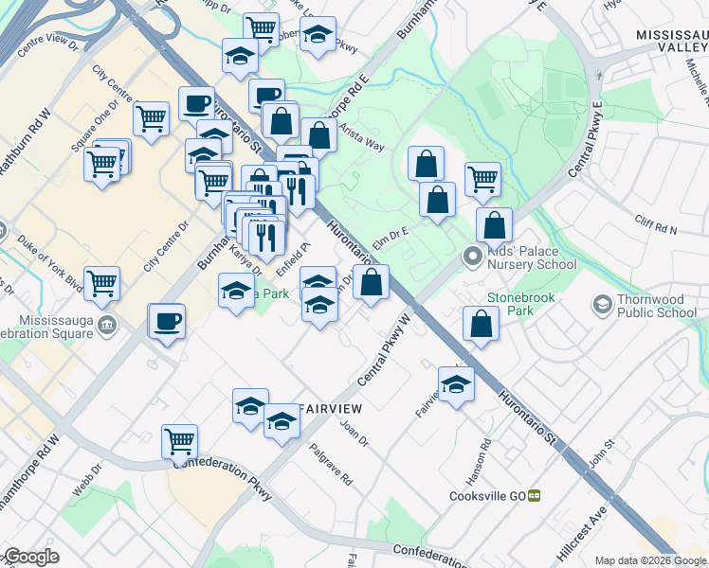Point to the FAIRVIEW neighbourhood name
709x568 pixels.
pos(332,408)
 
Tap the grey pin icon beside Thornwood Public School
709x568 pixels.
pos(601,305)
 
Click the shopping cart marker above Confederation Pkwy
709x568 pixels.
pos(180,439)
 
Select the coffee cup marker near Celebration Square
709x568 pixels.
pos(168,321)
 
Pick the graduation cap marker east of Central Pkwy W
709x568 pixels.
pos(457,384)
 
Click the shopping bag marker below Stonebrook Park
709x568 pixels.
pos(482,323)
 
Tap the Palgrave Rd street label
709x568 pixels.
pos(332,466)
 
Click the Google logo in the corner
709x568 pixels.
pos(31,557)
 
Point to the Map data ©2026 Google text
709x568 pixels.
pos(651,560)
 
